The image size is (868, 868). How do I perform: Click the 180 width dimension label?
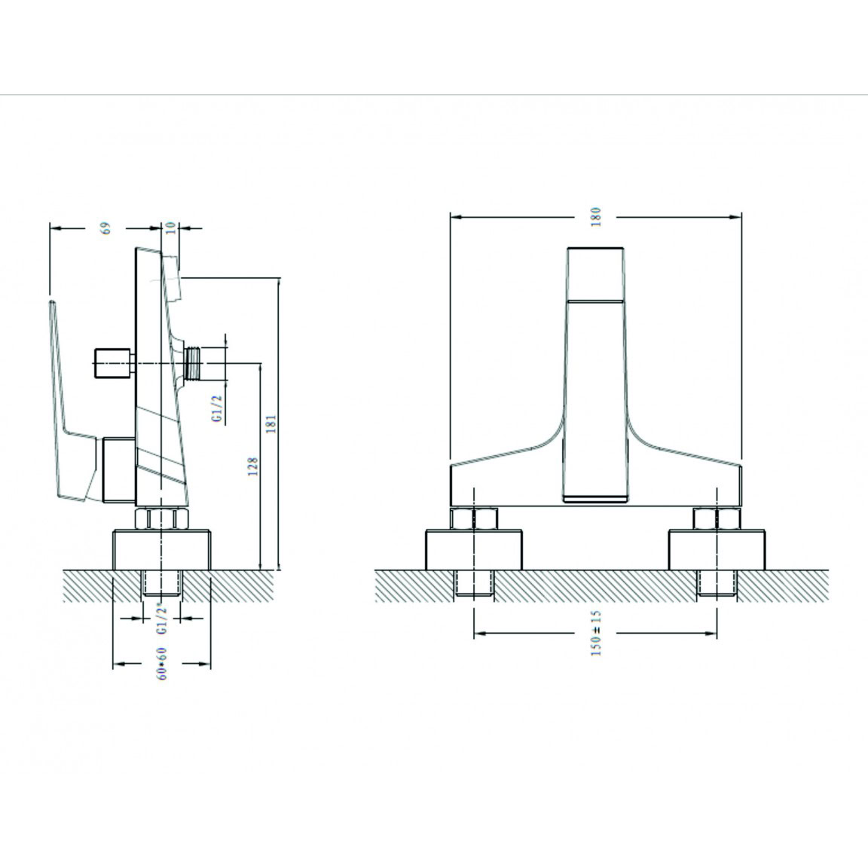point(596,216)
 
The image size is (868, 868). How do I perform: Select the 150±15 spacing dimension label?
point(596,633)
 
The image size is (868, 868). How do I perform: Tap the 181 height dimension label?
point(270,423)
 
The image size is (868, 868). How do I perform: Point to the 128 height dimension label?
point(253,466)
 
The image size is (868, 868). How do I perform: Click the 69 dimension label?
point(105,228)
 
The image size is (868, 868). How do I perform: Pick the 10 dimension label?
point(170,227)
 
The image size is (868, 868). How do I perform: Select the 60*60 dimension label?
point(162,663)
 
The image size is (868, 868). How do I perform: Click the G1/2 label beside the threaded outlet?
point(217,409)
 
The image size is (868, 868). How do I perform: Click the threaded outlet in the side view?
point(194,363)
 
